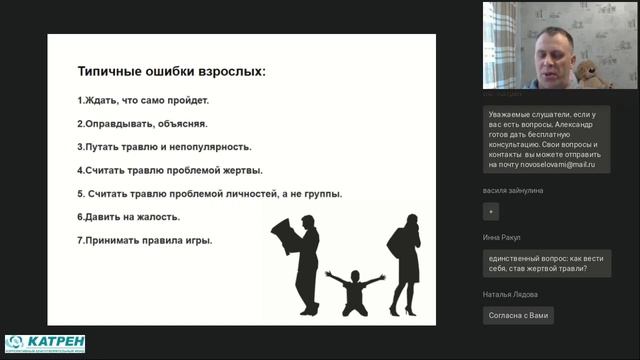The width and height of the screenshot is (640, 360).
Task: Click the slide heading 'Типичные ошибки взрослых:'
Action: tap(172, 72)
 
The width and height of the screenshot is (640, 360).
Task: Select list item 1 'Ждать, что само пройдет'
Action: tap(143, 101)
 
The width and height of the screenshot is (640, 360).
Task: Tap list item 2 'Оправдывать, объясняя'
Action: tap(142, 124)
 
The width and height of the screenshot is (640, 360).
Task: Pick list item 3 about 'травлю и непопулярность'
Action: tap(164, 147)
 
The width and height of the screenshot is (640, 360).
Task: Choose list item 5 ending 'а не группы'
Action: tap(209, 193)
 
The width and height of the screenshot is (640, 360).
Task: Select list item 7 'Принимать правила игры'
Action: tap(145, 240)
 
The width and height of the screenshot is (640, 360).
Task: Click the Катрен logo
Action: tap(45, 343)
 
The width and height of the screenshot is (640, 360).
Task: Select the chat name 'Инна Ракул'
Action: tap(502, 238)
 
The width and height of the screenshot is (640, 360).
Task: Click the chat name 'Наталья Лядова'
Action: tap(509, 294)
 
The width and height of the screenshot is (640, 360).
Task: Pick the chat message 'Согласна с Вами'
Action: tap(517, 315)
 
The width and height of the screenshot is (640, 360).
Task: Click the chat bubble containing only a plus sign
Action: tap(490, 211)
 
